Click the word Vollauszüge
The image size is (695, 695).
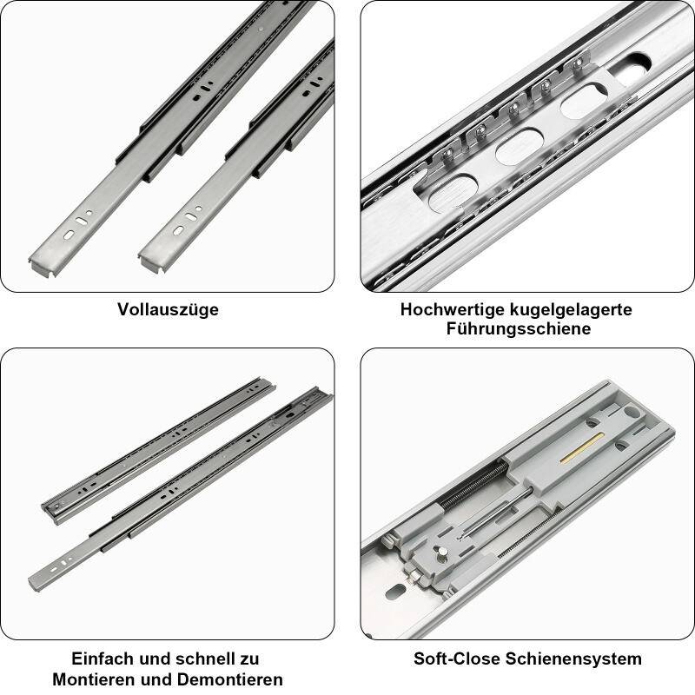(x=168, y=309)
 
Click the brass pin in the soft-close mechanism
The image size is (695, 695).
(x=573, y=454)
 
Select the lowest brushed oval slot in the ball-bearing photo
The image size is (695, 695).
(x=453, y=192)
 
